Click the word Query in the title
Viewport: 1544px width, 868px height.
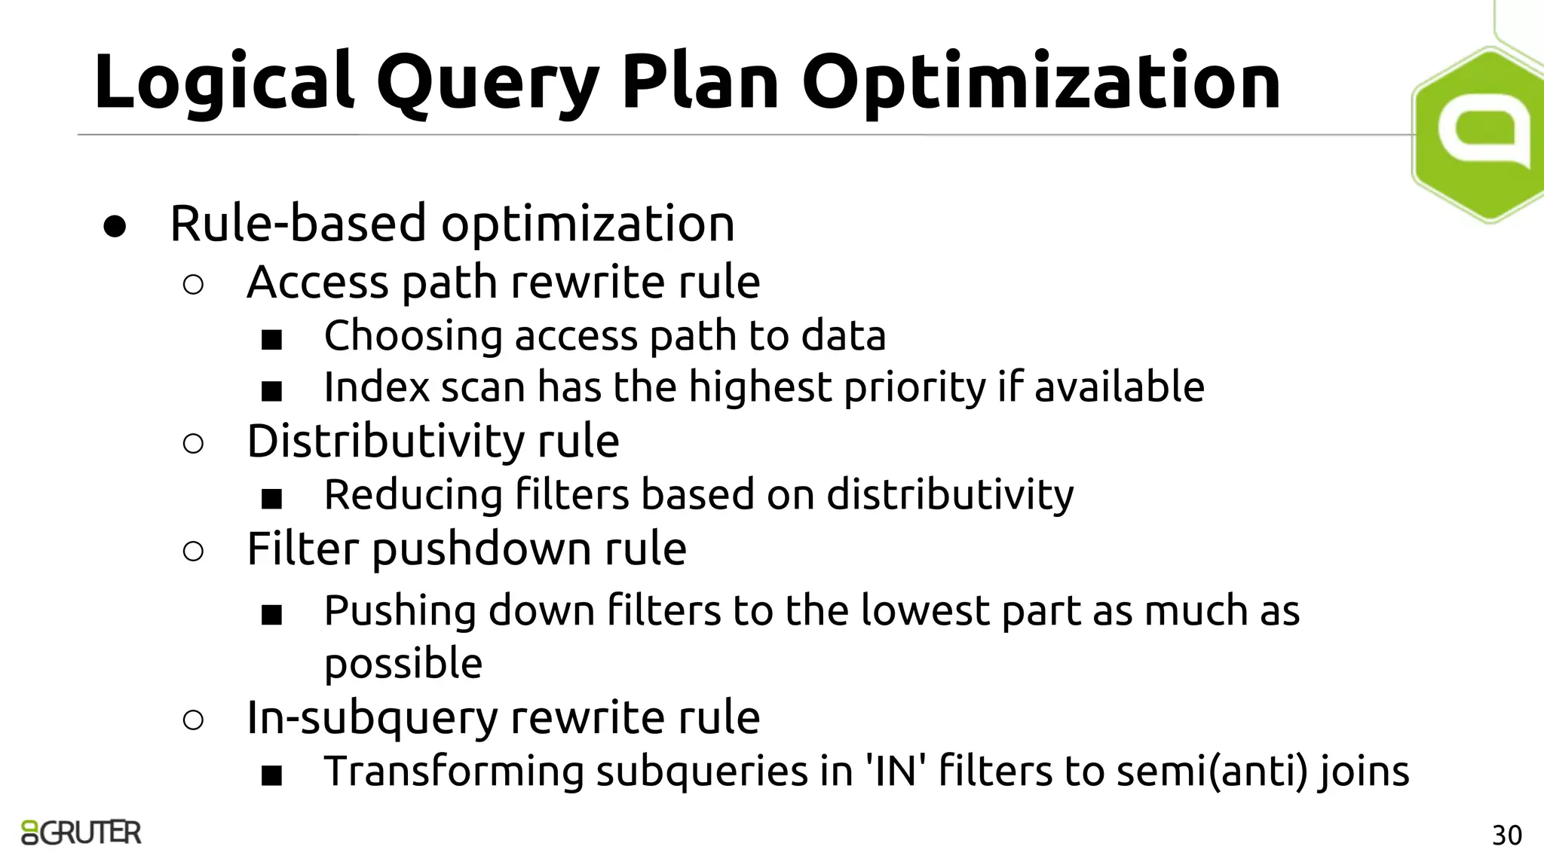pos(487,83)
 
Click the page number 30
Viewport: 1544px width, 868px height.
pos(1506,836)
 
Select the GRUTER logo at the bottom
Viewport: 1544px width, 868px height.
pos(81,833)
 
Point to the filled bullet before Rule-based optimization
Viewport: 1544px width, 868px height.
pos(115,225)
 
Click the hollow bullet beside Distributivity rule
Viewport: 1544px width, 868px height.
pos(193,444)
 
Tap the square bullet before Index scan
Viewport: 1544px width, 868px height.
pos(271,391)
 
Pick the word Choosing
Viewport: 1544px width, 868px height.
pos(412,336)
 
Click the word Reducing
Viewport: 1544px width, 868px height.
pos(413,496)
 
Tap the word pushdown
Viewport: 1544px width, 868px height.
pos(481,549)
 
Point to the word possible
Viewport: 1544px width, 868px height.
pos(403,664)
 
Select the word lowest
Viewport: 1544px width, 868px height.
pos(924,610)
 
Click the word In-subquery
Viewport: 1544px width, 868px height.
pos(372,718)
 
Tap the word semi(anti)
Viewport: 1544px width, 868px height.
pos(1211,772)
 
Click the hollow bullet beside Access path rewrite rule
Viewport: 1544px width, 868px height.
pos(193,285)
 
